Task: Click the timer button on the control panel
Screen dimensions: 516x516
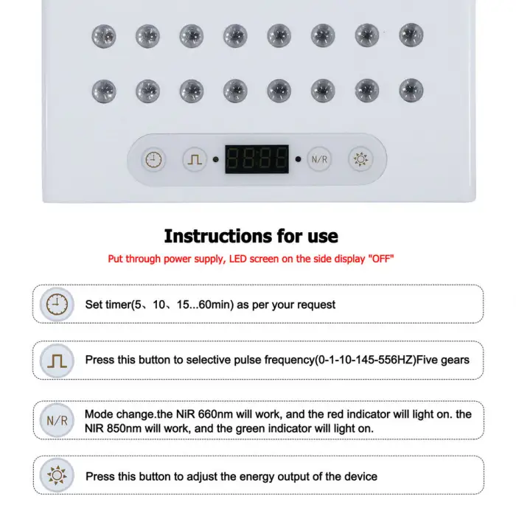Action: pyautogui.click(x=153, y=159)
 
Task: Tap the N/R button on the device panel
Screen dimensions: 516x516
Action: pyautogui.click(x=318, y=159)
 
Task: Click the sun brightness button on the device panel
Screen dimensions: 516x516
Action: pyautogui.click(x=361, y=159)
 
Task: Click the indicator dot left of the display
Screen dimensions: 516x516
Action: pyautogui.click(x=215, y=159)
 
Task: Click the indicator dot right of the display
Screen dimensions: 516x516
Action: pyautogui.click(x=299, y=159)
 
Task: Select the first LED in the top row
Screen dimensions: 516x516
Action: pyautogui.click(x=103, y=34)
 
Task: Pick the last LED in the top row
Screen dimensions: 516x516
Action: pyautogui.click(x=411, y=34)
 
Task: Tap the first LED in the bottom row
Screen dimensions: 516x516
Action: pyautogui.click(x=103, y=91)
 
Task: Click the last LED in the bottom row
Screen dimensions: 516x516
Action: pyautogui.click(x=411, y=91)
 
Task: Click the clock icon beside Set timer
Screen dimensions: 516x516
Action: pyautogui.click(x=55, y=304)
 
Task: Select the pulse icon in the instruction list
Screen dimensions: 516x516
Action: pyautogui.click(x=55, y=360)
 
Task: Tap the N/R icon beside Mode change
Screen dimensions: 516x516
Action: pyautogui.click(x=55, y=421)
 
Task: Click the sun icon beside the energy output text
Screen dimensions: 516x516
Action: pyautogui.click(x=55, y=476)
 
